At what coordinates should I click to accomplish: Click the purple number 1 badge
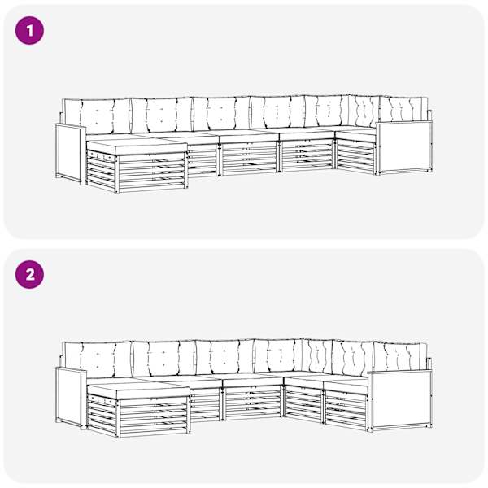point(29,31)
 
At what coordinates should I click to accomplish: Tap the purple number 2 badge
point(29,275)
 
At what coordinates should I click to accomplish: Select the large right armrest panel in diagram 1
point(404,147)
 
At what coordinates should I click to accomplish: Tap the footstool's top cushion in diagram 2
point(138,391)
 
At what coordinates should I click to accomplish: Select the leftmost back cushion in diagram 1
point(97,116)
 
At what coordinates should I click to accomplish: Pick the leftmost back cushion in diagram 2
point(98,360)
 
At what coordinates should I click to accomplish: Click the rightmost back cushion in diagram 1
point(403,110)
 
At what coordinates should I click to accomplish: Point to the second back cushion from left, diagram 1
point(162,115)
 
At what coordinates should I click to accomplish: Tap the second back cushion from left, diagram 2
point(164,359)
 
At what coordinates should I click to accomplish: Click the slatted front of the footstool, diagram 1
point(152,172)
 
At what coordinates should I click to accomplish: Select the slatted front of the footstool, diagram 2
point(154,416)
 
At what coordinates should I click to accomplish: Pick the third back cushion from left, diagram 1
point(221,114)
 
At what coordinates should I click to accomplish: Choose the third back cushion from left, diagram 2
point(224,357)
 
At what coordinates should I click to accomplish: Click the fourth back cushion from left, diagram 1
point(277,112)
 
